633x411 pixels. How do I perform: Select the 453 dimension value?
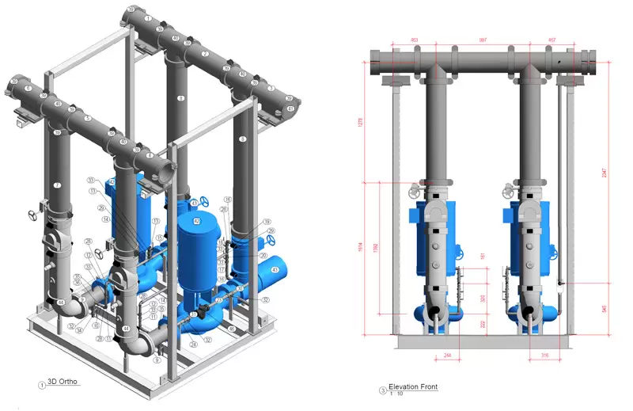[414, 40]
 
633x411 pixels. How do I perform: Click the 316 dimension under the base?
[544, 356]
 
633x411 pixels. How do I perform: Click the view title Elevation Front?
[412, 386]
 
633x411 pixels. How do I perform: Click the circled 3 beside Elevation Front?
[383, 389]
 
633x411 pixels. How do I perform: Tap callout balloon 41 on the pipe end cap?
[290, 108]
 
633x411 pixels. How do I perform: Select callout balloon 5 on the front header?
[89, 120]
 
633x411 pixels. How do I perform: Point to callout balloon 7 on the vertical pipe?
[57, 185]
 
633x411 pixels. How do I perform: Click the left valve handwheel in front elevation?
[414, 192]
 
